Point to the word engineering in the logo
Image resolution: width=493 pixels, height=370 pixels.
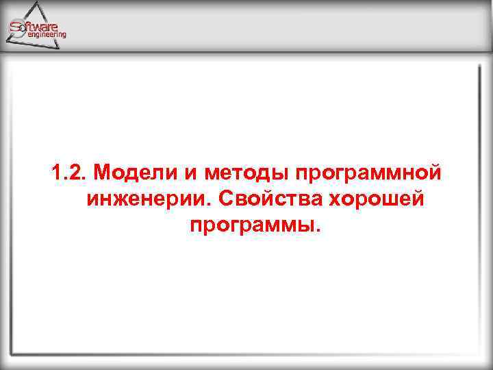click(x=46, y=34)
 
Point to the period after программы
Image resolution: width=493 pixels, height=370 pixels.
click(x=317, y=230)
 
